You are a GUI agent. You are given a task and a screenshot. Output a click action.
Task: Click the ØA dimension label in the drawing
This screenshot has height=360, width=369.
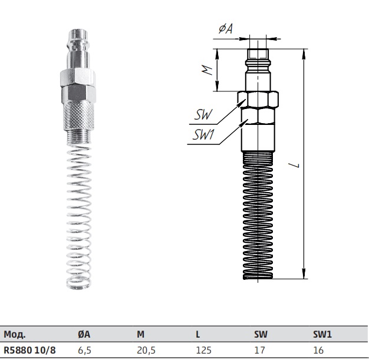(225, 29)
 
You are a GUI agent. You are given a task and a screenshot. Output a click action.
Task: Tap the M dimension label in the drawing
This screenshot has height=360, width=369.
(207, 70)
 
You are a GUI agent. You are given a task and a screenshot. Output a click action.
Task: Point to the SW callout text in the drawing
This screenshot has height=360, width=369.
(203, 115)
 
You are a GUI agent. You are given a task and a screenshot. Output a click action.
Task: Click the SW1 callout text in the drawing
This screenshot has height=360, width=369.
(203, 135)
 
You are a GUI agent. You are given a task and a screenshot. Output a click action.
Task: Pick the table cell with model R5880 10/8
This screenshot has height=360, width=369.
(29, 350)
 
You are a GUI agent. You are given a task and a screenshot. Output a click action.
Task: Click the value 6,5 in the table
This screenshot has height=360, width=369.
(84, 351)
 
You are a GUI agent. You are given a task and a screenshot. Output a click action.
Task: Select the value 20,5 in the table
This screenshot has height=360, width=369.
(146, 351)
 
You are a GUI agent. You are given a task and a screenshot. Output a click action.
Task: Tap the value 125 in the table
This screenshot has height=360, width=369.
(203, 350)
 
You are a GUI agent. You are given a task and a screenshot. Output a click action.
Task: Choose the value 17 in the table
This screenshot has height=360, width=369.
(259, 350)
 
